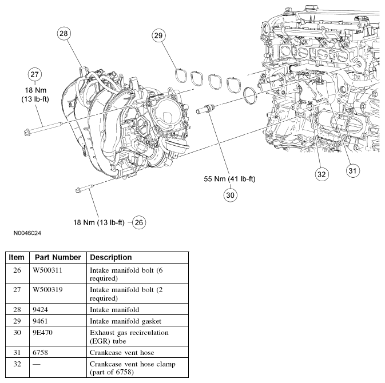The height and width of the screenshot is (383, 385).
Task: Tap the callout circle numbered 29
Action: [x=158, y=35]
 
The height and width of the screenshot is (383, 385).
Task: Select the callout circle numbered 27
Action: [x=34, y=75]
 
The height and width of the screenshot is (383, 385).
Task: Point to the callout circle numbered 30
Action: [x=230, y=194]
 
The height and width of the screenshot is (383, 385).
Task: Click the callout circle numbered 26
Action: [x=139, y=222]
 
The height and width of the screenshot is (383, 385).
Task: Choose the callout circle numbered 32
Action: [x=321, y=174]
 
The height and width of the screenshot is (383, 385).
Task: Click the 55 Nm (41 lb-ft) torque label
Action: [x=230, y=179]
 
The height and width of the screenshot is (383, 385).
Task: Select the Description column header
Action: [x=111, y=257]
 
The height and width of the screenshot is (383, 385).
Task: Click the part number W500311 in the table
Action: [x=47, y=269]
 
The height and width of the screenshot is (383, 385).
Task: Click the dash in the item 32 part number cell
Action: [x=36, y=364]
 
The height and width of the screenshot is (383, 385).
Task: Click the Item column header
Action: [x=17, y=257]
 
